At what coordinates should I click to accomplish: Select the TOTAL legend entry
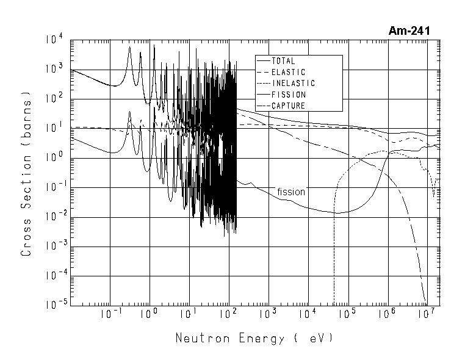(x=284, y=61)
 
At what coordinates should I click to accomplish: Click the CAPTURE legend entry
(x=288, y=106)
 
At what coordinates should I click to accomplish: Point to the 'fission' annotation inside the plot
(x=290, y=192)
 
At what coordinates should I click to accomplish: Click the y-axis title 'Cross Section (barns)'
(x=26, y=174)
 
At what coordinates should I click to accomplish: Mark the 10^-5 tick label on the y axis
(x=54, y=306)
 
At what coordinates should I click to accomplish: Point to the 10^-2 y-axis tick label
(x=54, y=217)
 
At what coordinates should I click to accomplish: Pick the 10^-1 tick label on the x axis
(x=110, y=314)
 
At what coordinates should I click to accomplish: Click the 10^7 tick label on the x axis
(x=427, y=314)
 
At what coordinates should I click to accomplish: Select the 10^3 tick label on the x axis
(x=269, y=314)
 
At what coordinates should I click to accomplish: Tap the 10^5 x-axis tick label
(x=348, y=314)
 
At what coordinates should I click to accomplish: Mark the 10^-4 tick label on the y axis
(x=54, y=276)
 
